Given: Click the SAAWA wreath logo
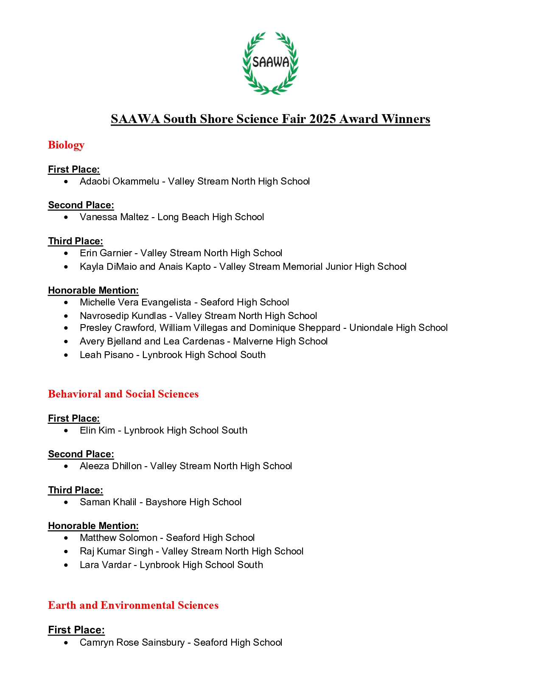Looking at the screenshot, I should tap(270, 63).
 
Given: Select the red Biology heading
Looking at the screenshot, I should tap(66, 145).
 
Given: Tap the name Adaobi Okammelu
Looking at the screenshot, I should tap(119, 182).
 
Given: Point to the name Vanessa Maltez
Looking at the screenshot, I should tap(114, 217).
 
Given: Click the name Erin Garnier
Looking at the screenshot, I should tap(106, 253).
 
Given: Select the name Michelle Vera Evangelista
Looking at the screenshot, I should tap(135, 302).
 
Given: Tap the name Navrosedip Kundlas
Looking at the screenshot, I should tap(123, 316).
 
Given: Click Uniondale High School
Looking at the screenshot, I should tap(398, 328).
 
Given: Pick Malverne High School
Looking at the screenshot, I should tap(280, 342).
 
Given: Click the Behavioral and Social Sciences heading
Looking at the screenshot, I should tap(123, 394).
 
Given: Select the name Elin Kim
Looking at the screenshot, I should tap(97, 431).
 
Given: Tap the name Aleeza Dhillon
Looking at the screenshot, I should tap(111, 466).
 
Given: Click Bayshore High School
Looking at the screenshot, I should tap(193, 502).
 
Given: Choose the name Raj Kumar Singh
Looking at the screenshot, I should tap(116, 552).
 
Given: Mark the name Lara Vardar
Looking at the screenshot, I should tap(105, 565).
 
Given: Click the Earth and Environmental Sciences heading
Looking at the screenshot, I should tap(133, 605).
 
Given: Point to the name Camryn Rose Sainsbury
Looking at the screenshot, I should tap(132, 643).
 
